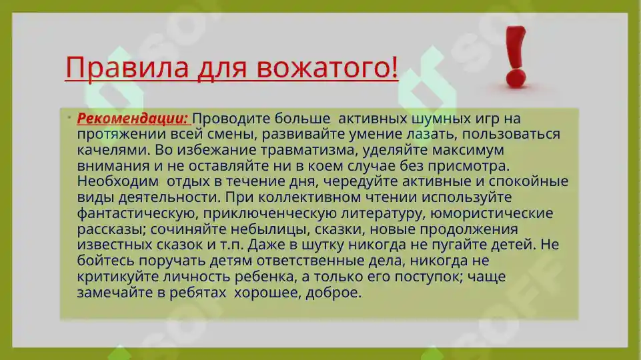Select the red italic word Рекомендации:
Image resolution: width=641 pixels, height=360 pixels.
pyautogui.click(x=133, y=119)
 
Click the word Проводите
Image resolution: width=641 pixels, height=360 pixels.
pyautogui.click(x=229, y=119)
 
